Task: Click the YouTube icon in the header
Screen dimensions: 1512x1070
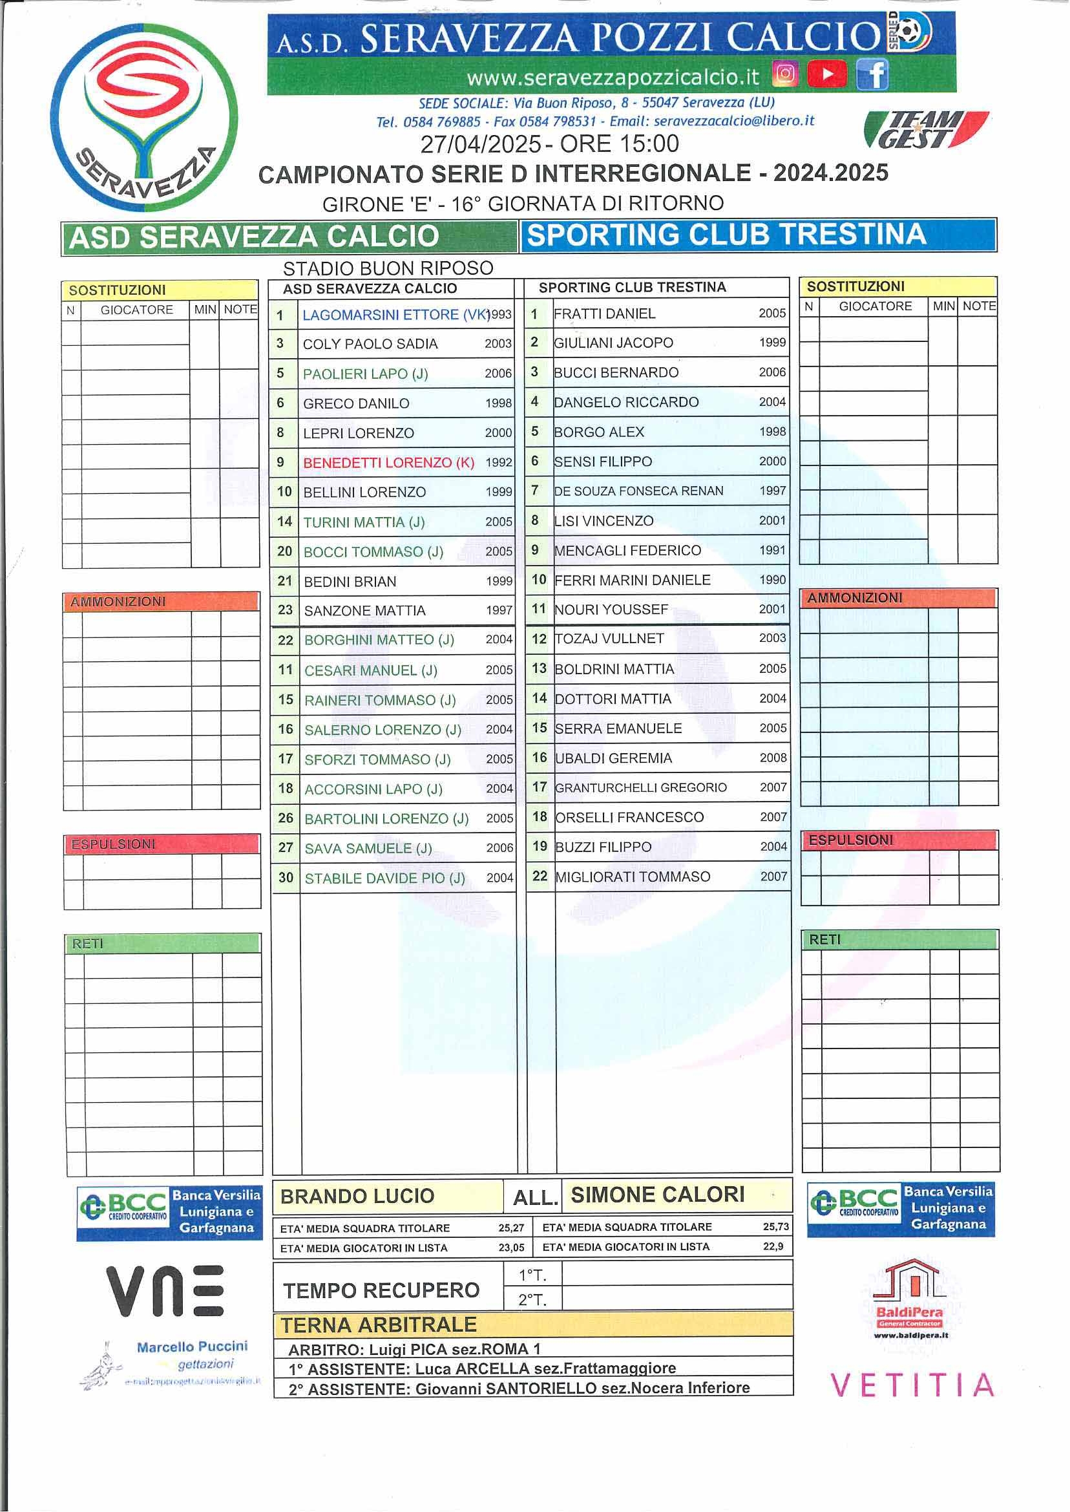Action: pyautogui.click(x=826, y=74)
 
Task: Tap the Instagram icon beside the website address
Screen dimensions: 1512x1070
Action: pyautogui.click(x=784, y=74)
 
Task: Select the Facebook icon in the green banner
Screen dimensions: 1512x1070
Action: pyautogui.click(x=872, y=74)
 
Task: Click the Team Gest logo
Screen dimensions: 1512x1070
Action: pyautogui.click(x=925, y=129)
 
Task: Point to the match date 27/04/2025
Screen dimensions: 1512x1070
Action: pyautogui.click(x=480, y=144)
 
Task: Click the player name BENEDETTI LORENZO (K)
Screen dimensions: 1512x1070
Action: pyautogui.click(x=388, y=463)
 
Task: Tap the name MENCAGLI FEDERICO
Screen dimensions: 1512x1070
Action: pyautogui.click(x=627, y=550)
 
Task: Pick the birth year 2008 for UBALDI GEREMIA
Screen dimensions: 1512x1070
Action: pyautogui.click(x=773, y=758)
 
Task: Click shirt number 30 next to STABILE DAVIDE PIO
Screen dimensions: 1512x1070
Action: pyautogui.click(x=286, y=878)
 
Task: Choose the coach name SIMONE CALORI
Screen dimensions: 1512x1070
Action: pyautogui.click(x=658, y=1195)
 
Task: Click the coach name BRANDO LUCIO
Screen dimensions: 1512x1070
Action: pyautogui.click(x=357, y=1197)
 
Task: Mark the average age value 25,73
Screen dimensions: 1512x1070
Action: pyautogui.click(x=775, y=1227)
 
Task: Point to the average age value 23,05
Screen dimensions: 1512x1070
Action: pyautogui.click(x=511, y=1248)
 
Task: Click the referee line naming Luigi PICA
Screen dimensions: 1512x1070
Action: pyautogui.click(x=414, y=1348)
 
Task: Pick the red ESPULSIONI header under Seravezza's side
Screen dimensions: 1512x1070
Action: pyautogui.click(x=162, y=844)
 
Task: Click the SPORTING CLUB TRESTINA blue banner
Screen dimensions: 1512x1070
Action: pyautogui.click(x=758, y=235)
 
